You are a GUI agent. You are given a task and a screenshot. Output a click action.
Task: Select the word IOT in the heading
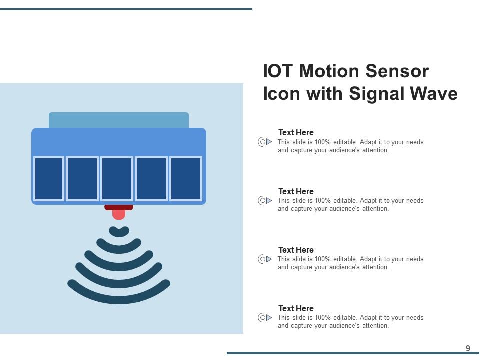click(x=278, y=71)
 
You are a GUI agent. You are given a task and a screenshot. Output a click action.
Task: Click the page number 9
click(x=468, y=348)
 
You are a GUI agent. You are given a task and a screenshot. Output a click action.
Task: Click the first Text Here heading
click(x=296, y=133)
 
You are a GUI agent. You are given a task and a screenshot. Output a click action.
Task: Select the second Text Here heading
click(x=296, y=191)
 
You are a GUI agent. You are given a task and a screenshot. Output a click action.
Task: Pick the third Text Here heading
click(x=296, y=250)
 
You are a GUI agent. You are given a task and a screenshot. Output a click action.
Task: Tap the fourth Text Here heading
click(x=296, y=308)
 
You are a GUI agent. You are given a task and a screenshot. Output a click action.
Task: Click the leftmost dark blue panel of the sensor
click(x=49, y=179)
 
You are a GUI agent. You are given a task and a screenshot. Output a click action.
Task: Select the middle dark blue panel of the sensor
click(x=117, y=179)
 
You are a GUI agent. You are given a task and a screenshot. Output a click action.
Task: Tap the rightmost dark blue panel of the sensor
click(x=185, y=179)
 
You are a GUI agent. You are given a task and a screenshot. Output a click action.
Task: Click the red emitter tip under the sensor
click(x=119, y=214)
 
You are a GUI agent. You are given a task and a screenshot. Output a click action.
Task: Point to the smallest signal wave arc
click(x=119, y=232)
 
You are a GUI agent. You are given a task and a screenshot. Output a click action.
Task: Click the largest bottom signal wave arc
click(x=119, y=298)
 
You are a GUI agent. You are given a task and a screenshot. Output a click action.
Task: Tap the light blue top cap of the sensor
click(x=119, y=120)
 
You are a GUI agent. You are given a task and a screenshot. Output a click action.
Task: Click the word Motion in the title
click(x=330, y=71)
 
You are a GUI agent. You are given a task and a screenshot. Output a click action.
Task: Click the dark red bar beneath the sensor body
click(x=119, y=207)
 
